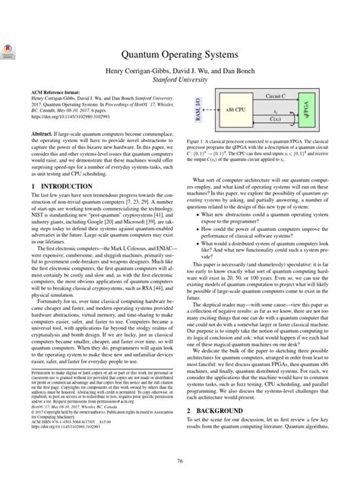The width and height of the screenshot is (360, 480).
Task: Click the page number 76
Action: tap(180, 460)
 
